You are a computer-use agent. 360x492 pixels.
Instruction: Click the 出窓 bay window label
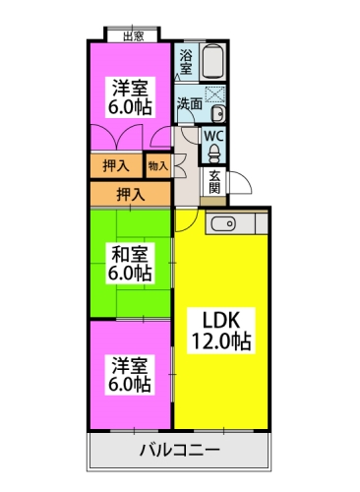(134, 36)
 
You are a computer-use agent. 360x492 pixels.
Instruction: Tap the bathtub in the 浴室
(212, 62)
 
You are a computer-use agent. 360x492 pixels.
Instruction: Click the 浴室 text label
(186, 62)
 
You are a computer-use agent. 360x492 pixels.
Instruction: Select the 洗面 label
(190, 103)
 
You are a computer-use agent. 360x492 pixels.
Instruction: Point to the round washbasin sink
(217, 114)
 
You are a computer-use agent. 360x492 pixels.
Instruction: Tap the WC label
(213, 136)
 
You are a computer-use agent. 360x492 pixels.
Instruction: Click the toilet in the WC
(214, 154)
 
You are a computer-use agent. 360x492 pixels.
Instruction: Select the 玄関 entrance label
(214, 182)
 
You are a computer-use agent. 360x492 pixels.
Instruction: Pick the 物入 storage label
(158, 166)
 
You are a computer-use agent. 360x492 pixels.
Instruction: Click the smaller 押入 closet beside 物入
(116, 165)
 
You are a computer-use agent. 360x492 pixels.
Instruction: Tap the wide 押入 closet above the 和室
(131, 195)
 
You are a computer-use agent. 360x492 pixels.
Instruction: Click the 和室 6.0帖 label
(130, 263)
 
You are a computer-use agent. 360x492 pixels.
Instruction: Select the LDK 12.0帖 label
(221, 331)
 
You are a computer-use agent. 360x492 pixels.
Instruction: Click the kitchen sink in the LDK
(224, 224)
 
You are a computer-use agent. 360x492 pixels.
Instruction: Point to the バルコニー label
(179, 450)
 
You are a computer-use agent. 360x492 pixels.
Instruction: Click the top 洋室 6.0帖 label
(130, 97)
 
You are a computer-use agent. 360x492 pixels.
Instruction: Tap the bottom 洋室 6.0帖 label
(130, 375)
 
